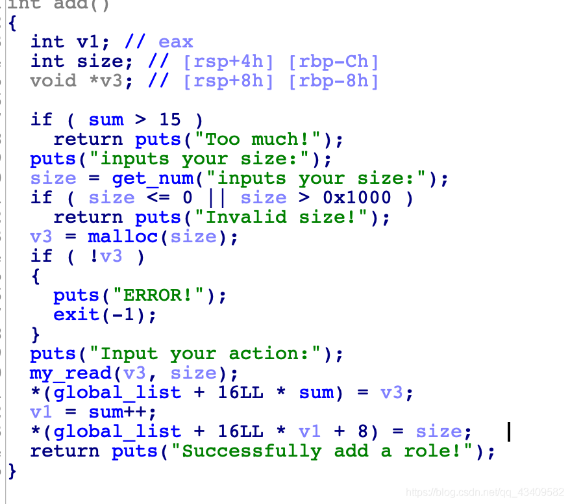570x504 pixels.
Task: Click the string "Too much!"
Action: [257, 139]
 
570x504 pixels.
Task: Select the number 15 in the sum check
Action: [169, 120]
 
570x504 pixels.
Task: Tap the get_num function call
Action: [153, 179]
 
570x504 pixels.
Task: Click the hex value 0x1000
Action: [356, 198]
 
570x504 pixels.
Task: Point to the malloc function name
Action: [123, 236]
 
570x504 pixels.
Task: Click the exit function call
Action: [76, 314]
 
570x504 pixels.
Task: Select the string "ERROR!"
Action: [158, 296]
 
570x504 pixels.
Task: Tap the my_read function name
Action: [71, 373]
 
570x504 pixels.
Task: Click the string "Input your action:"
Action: [204, 354]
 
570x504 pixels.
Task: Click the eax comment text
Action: [175, 42]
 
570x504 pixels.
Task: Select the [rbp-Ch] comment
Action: [333, 62]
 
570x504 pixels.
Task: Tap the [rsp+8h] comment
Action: [228, 81]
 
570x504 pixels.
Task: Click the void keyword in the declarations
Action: [53, 81]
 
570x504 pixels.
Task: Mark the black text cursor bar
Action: [509, 432]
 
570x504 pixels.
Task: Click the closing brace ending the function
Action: [12, 472]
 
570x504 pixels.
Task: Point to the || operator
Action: [217, 198]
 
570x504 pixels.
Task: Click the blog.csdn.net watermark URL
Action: [485, 492]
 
